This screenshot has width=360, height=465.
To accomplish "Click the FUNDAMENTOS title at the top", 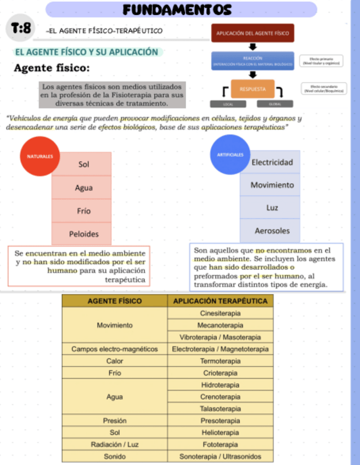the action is [177, 9].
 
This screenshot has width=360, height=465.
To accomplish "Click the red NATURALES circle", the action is [40, 156].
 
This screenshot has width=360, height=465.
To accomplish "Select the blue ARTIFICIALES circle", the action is [230, 155].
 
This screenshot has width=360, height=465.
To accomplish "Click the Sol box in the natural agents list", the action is [84, 164].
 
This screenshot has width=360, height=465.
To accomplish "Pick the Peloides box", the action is [84, 234].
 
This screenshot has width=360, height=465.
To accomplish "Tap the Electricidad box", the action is [272, 162].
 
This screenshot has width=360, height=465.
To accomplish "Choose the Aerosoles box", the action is [272, 231].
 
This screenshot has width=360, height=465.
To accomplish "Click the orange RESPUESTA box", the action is [252, 89].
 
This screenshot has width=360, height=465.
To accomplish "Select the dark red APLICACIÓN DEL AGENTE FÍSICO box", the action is [252, 33].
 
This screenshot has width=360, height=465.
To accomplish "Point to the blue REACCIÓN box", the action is [252, 61].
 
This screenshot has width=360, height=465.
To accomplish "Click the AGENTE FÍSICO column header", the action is [115, 301].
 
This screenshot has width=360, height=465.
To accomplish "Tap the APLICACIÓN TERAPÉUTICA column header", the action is [220, 301].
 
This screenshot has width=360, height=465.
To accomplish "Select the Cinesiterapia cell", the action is [220, 313].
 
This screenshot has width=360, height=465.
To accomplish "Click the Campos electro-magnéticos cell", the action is [115, 349].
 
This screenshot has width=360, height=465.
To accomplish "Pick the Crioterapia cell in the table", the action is [220, 373].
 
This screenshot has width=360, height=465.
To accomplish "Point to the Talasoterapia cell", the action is [220, 409].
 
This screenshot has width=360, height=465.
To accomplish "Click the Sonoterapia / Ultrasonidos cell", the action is [220, 456].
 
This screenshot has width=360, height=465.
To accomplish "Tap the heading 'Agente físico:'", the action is [52, 69].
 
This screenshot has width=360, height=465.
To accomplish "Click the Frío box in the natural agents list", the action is [84, 211].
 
